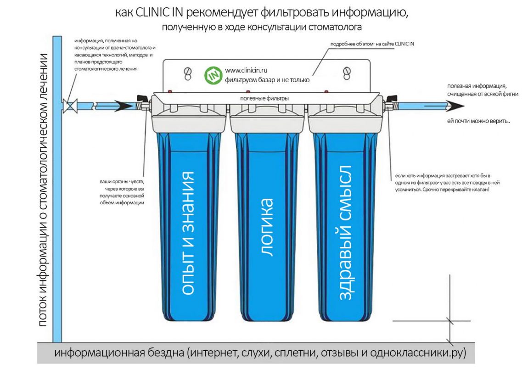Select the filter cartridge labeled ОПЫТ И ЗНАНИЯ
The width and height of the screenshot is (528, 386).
pyautogui.click(x=188, y=225)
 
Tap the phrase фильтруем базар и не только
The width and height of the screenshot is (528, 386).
pyautogui.click(x=267, y=80)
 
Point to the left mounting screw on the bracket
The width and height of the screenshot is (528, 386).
pyautogui.click(x=187, y=73)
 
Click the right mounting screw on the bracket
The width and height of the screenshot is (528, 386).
pyautogui.click(x=348, y=73)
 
